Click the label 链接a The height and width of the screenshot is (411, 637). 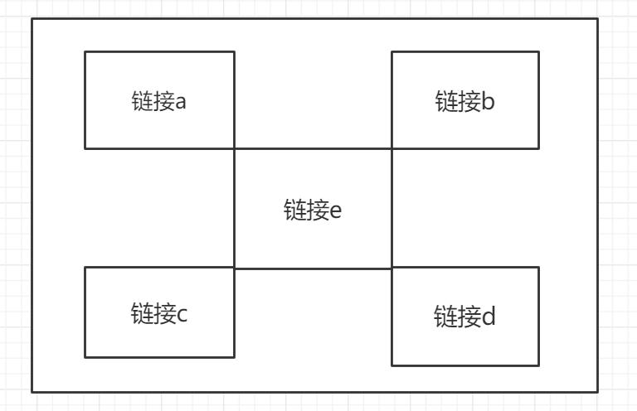[x=159, y=101]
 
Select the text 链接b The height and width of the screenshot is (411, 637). [x=464, y=101]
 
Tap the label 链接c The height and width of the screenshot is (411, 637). [x=159, y=313]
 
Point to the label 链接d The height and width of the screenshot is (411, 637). [x=464, y=316]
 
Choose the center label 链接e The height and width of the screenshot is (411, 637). [x=313, y=210]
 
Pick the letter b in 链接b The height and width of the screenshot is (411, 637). [x=489, y=100]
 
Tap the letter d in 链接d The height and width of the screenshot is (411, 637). [x=489, y=316]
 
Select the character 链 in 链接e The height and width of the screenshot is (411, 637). [x=295, y=210]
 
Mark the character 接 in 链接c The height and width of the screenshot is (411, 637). [x=164, y=313]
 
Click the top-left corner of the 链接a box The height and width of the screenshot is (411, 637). [x=85, y=52]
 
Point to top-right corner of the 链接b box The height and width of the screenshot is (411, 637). [x=538, y=52]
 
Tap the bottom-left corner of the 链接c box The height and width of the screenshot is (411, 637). [x=85, y=357]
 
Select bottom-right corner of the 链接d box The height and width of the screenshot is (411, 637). [x=538, y=365]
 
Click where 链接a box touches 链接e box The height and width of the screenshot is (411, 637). [x=235, y=148]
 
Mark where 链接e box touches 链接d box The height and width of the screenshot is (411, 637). [x=391, y=268]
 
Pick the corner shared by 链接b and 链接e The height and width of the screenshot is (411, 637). [x=391, y=148]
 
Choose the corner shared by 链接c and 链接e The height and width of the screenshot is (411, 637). [x=235, y=268]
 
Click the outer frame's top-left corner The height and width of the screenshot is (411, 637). [x=32, y=19]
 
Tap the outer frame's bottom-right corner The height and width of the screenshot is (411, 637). [x=597, y=392]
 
